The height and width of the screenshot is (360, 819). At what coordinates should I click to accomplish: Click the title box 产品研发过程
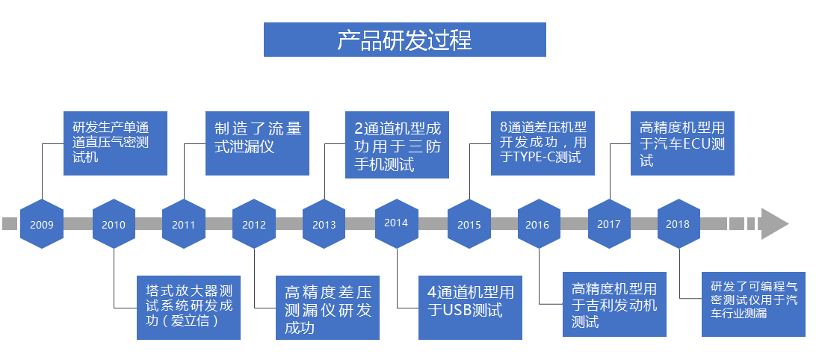pyautogui.click(x=404, y=40)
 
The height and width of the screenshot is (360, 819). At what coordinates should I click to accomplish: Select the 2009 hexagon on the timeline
pyautogui.click(x=42, y=224)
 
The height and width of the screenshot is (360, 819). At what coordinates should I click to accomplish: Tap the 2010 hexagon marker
pyautogui.click(x=114, y=224)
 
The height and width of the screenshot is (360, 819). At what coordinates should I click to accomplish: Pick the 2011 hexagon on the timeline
pyautogui.click(x=184, y=224)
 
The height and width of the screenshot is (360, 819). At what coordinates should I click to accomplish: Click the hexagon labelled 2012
pyautogui.click(x=254, y=224)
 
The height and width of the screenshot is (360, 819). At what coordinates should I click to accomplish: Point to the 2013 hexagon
pyautogui.click(x=324, y=224)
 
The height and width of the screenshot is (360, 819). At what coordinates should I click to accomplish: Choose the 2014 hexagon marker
pyautogui.click(x=396, y=223)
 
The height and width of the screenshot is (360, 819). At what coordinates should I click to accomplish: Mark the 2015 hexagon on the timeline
pyautogui.click(x=469, y=224)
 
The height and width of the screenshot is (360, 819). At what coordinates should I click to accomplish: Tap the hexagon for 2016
pyautogui.click(x=538, y=224)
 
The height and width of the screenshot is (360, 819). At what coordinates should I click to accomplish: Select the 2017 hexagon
pyautogui.click(x=609, y=223)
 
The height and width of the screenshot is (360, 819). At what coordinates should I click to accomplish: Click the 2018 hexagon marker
pyautogui.click(x=679, y=223)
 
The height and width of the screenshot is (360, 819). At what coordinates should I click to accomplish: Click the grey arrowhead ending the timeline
pyautogui.click(x=773, y=223)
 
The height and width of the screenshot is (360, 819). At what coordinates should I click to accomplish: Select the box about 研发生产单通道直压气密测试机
pyautogui.click(x=115, y=143)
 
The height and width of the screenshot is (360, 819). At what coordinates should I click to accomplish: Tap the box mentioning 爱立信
pyautogui.click(x=188, y=308)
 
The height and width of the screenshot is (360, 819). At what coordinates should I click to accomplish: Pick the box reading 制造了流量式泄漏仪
pyautogui.click(x=257, y=143)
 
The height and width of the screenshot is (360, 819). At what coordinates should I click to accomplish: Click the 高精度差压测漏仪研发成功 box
pyautogui.click(x=327, y=308)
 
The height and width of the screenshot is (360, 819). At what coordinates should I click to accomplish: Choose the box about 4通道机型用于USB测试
pyautogui.click(x=470, y=308)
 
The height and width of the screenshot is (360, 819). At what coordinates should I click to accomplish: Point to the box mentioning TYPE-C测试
pyautogui.click(x=543, y=143)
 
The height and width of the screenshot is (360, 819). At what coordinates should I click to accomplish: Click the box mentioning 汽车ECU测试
pyautogui.click(x=682, y=143)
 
